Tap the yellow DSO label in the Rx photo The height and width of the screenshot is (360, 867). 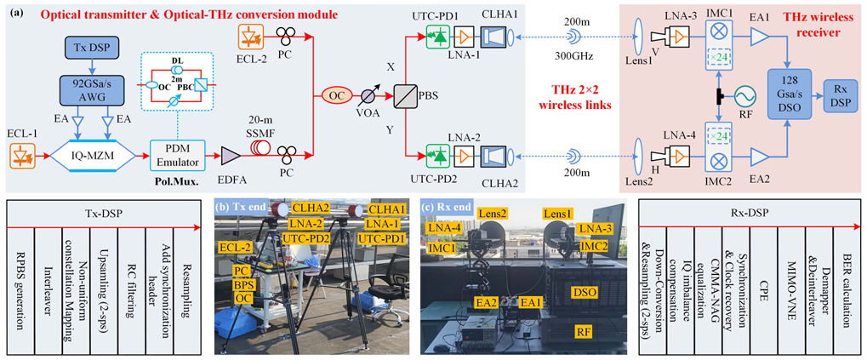click(x=583, y=292)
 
